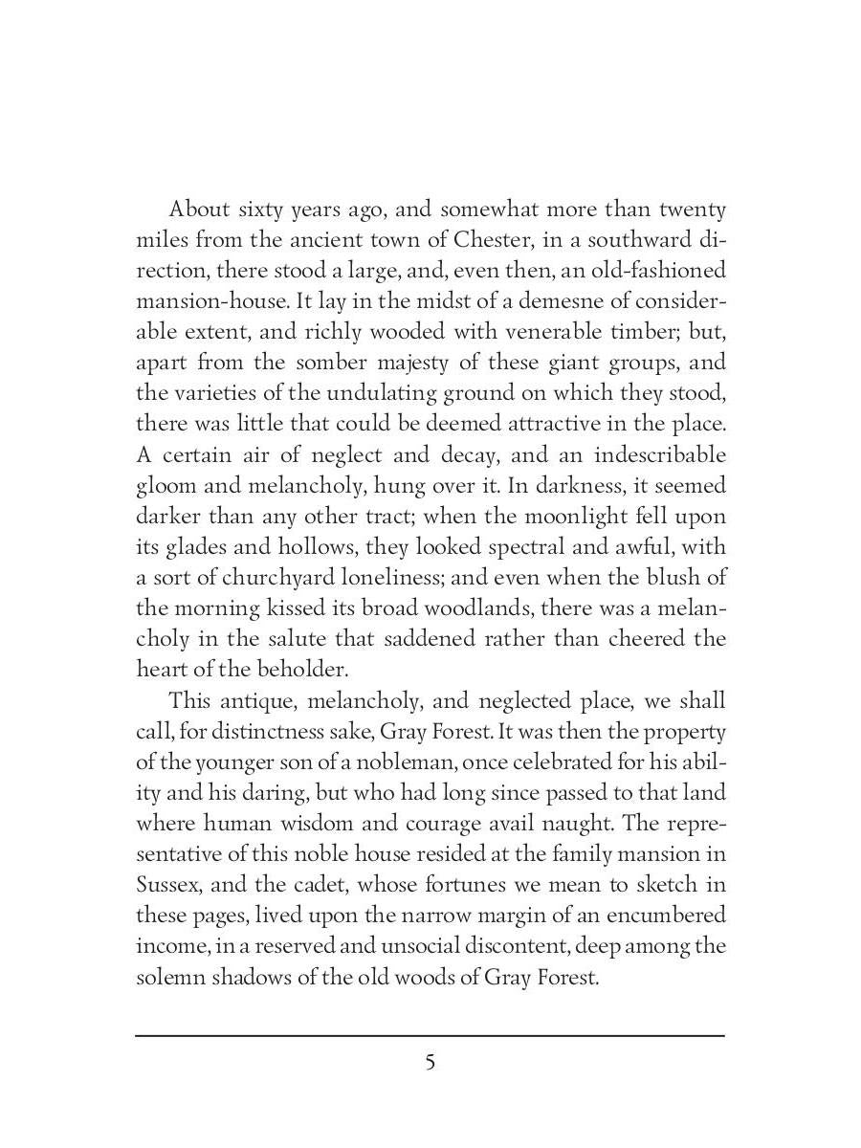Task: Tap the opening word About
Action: point(197,210)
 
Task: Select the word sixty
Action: point(270,210)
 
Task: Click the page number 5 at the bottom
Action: point(430,1063)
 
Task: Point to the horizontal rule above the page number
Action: point(430,1035)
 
